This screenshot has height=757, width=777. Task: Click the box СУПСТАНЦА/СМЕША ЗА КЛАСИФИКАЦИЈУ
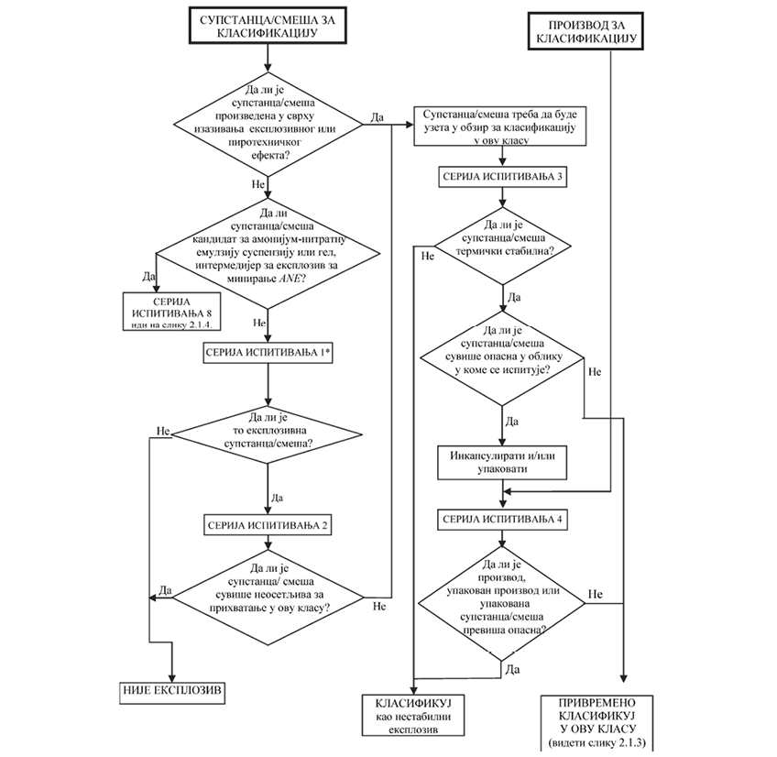click(266, 25)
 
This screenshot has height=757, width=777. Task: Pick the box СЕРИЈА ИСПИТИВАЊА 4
click(501, 519)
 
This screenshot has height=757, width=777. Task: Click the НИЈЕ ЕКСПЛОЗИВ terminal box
click(172, 689)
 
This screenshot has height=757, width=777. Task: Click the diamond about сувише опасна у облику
click(501, 353)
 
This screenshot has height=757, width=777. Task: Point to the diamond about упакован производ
click(501, 600)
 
